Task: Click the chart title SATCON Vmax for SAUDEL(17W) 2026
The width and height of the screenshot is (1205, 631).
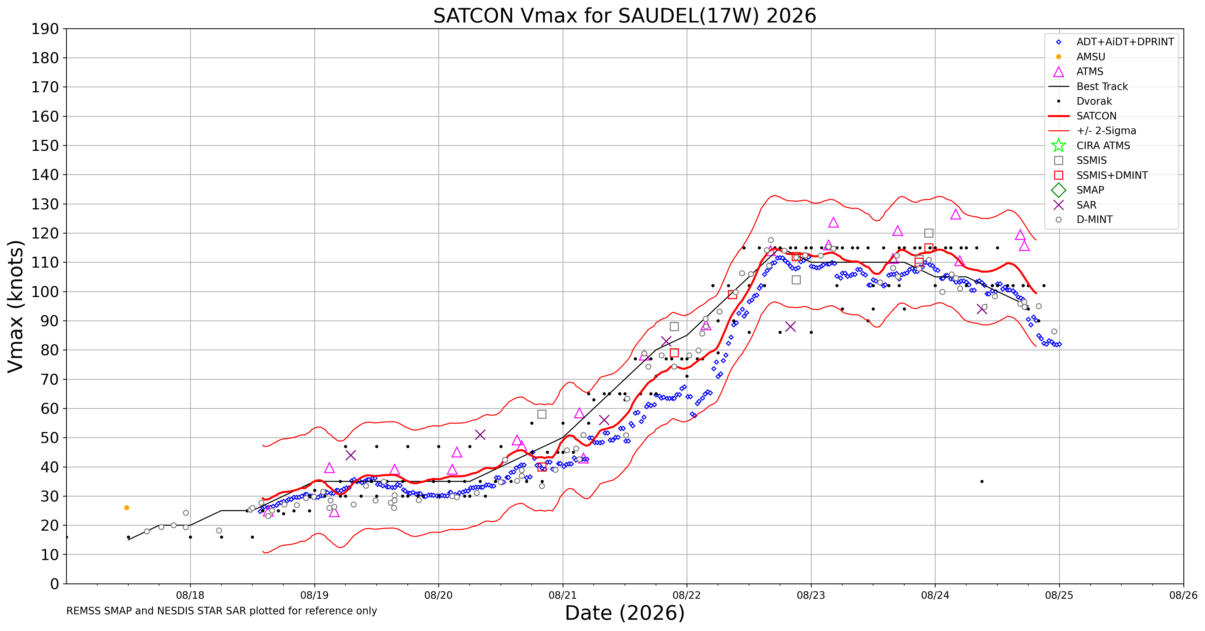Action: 625,16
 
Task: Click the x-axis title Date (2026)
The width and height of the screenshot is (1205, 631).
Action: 625,613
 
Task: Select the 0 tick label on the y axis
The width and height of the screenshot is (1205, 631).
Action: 55,584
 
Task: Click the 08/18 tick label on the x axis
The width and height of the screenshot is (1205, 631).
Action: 190,596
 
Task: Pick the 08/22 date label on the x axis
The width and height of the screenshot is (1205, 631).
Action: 687,596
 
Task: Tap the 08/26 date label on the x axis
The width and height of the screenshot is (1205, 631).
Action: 1183,596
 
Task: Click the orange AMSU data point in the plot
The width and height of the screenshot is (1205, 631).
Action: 127,508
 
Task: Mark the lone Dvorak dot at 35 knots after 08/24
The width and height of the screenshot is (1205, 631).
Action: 982,481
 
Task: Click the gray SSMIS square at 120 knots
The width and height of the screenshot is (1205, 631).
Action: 929,233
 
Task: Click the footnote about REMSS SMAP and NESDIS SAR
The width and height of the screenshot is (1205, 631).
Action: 222,611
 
